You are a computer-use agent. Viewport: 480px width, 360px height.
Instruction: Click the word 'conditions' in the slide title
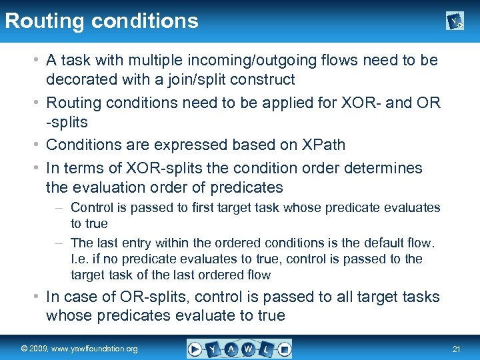click(145, 21)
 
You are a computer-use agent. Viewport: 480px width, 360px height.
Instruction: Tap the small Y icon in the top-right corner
click(455, 22)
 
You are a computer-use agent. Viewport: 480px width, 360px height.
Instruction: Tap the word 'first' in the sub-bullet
click(225, 207)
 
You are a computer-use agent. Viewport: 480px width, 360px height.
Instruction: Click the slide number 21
click(457, 349)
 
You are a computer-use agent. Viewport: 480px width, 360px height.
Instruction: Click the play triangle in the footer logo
click(196, 349)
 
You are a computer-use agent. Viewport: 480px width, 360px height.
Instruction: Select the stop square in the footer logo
click(283, 349)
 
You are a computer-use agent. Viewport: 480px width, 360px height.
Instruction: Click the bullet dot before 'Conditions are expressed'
click(37, 145)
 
